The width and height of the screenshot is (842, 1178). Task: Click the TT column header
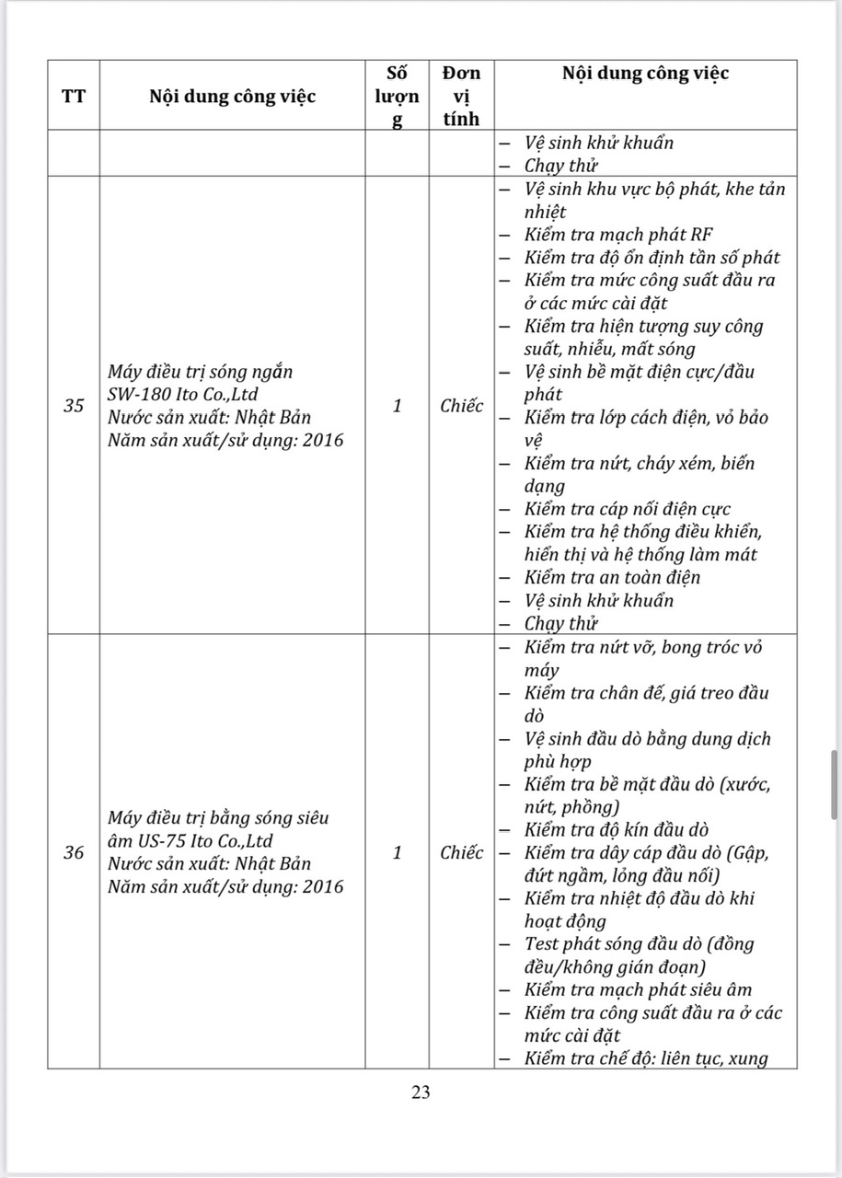74,96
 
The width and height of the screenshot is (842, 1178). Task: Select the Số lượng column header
398,96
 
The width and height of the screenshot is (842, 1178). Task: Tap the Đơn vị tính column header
461,96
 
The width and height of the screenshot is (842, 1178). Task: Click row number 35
74,406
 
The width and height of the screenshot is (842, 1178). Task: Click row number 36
74,852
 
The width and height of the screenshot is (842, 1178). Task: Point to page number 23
421,1092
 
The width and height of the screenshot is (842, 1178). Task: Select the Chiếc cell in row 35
461,406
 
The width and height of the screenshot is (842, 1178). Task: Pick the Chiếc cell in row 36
461,852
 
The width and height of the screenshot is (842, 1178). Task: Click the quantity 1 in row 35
398,406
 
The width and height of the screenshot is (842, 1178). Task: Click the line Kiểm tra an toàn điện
612,578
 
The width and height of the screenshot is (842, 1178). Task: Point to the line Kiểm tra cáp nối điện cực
628,509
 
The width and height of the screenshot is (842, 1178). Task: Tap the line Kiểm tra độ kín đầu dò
617,830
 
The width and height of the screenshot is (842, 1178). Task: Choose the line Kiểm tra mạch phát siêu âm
638,990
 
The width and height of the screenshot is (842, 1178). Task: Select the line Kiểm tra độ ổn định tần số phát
652,259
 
